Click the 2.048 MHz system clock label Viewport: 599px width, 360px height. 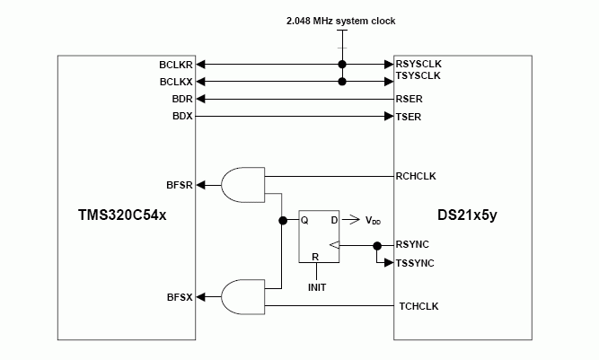point(342,21)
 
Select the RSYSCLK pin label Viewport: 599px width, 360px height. point(418,65)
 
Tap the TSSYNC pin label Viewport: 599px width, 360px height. point(415,263)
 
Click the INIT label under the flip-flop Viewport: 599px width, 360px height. point(316,287)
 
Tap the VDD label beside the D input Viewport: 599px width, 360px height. point(373,221)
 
